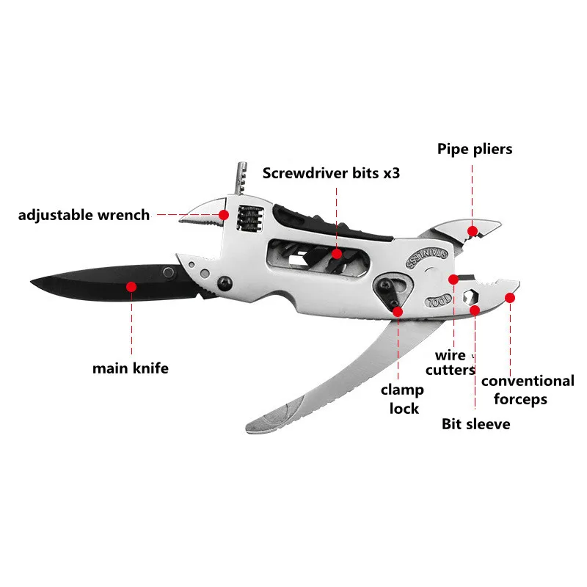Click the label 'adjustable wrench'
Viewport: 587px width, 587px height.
click(x=84, y=215)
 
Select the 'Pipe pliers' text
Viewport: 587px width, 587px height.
click(x=475, y=149)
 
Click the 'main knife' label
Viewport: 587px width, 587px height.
click(x=130, y=368)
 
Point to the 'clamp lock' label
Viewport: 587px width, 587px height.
click(x=400, y=398)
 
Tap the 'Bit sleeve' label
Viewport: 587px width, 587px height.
click(x=475, y=423)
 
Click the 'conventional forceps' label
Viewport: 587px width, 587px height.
click(x=528, y=390)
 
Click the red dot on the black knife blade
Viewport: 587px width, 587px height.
click(x=131, y=286)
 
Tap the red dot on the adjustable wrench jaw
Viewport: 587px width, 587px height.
click(x=223, y=214)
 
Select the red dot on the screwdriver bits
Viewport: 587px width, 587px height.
click(x=336, y=255)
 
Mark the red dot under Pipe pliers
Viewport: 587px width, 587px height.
click(x=473, y=230)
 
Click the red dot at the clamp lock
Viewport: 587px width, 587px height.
click(x=398, y=311)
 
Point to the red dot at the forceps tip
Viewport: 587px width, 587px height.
click(x=511, y=297)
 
